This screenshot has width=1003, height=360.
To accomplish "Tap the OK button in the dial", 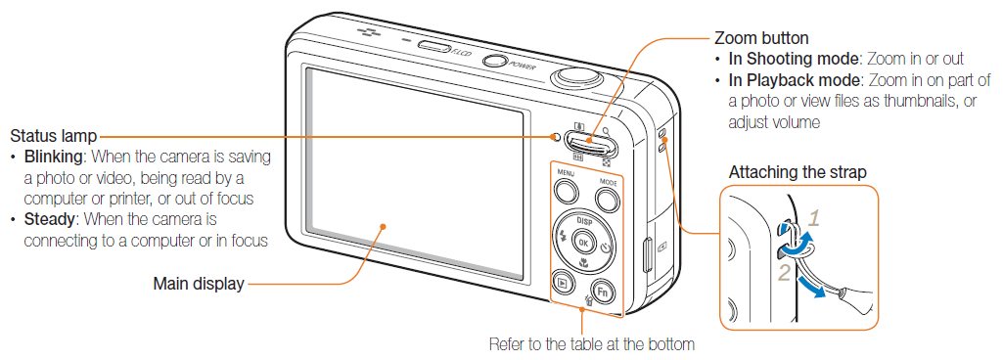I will pyautogui.click(x=585, y=242).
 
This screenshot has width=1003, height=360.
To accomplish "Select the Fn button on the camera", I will pyautogui.click(x=604, y=292).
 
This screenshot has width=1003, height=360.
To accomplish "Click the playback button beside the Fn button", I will pyautogui.click(x=563, y=283).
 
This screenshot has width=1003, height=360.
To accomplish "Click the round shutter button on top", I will pyautogui.click(x=576, y=77).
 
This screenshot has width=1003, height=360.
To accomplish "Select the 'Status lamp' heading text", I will pyautogui.click(x=54, y=136).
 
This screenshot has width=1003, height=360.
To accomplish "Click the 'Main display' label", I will pyautogui.click(x=199, y=285).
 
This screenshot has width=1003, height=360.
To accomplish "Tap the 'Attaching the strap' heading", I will pyautogui.click(x=798, y=172).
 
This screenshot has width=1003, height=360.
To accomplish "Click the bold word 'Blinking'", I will pyautogui.click(x=53, y=157).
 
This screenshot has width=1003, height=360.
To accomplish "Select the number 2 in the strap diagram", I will pyautogui.click(x=784, y=273).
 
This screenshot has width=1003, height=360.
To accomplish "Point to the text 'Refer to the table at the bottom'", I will pyautogui.click(x=591, y=343).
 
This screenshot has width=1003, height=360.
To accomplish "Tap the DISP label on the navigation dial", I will pyautogui.click(x=585, y=220).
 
